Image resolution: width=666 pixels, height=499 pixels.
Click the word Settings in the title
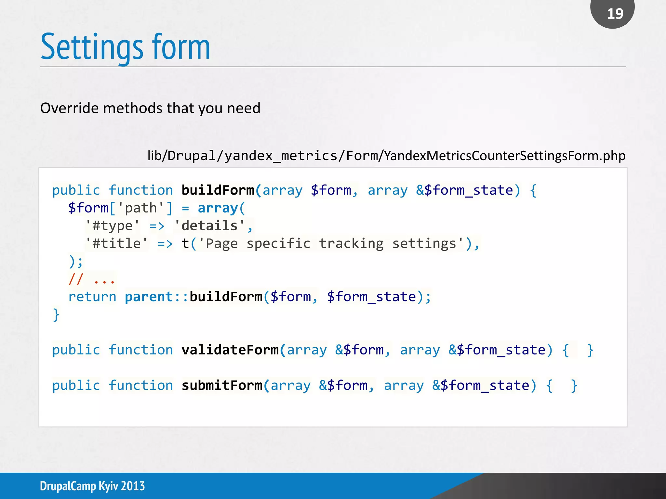92,47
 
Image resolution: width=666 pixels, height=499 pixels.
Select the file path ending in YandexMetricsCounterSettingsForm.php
386,156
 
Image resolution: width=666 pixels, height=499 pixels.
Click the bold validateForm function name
230,350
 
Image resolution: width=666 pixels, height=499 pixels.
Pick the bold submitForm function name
222,385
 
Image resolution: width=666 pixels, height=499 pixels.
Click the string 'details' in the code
210,225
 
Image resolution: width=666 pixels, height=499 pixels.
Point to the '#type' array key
113,225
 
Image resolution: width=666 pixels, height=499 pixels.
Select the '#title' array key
116,243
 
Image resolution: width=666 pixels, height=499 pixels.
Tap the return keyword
92,297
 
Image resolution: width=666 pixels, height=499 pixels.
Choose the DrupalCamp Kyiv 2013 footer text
92,486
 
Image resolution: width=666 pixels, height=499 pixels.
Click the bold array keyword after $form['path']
218,208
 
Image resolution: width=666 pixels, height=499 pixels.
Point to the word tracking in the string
351,243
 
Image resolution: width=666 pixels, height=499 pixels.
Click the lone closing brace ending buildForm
56,314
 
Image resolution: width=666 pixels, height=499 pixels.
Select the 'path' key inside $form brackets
141,208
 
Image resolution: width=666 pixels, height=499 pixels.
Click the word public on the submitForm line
76,385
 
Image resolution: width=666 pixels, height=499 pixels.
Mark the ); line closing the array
76,261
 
